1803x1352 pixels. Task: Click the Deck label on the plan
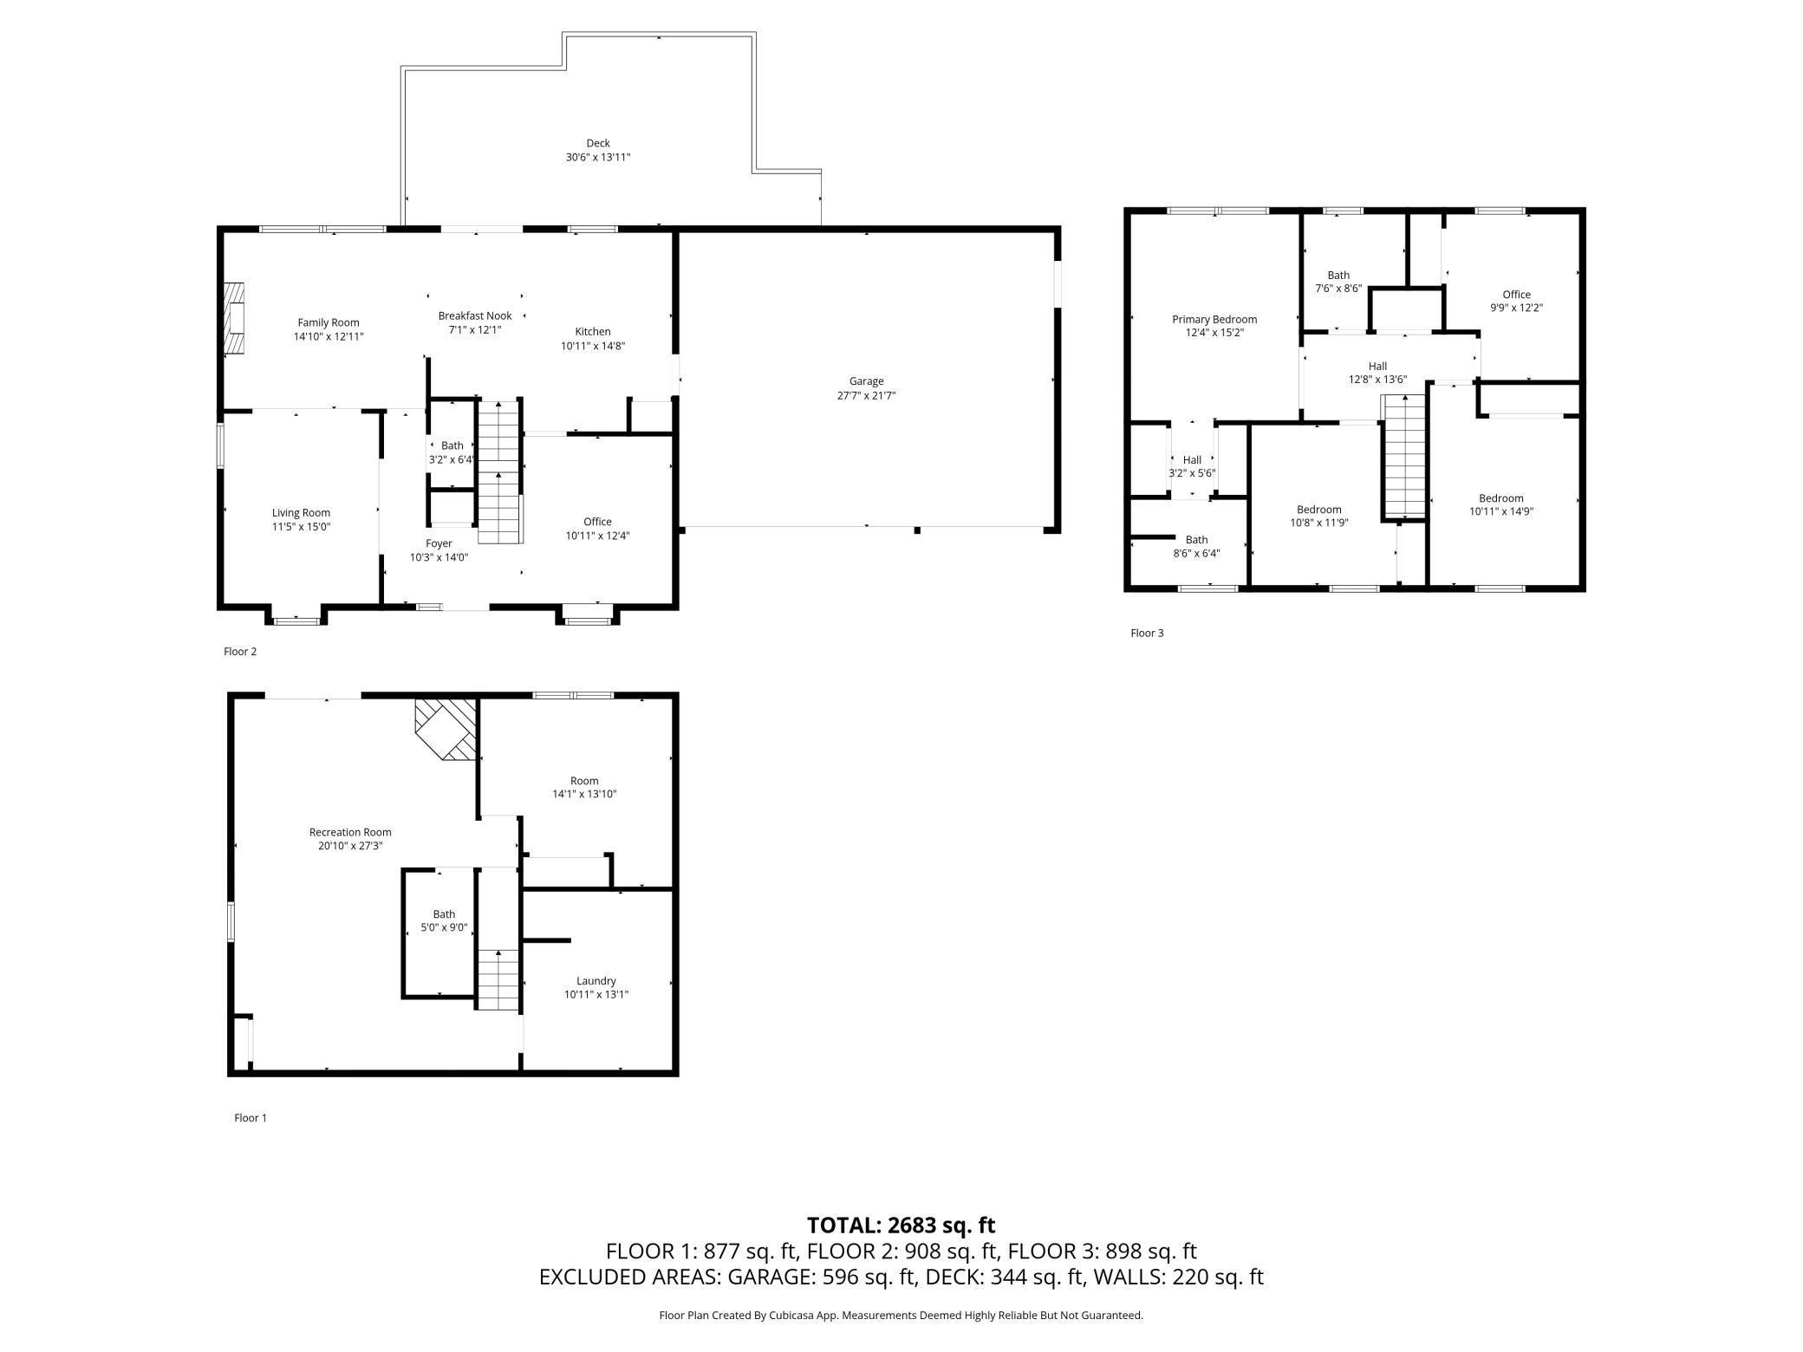click(x=597, y=143)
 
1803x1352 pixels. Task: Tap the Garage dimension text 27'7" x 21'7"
click(x=865, y=395)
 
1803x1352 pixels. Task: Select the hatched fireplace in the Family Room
click(x=233, y=318)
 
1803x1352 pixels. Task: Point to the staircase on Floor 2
click(x=500, y=472)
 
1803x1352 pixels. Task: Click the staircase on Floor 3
click(x=1403, y=455)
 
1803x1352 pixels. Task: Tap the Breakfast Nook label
click(x=474, y=315)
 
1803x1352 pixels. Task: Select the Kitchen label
click(x=592, y=331)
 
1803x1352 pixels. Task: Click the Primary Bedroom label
click(x=1214, y=319)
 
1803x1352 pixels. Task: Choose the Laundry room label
click(x=596, y=981)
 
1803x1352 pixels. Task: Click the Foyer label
click(x=439, y=543)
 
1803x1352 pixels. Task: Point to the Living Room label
click(x=301, y=512)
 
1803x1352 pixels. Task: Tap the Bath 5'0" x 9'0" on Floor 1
click(x=444, y=920)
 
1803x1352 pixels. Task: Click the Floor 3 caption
click(x=1146, y=633)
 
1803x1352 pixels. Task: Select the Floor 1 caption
click(x=250, y=1117)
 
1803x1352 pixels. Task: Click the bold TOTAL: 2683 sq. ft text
click(x=901, y=1225)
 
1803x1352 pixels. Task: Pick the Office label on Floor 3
click(x=1516, y=294)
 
